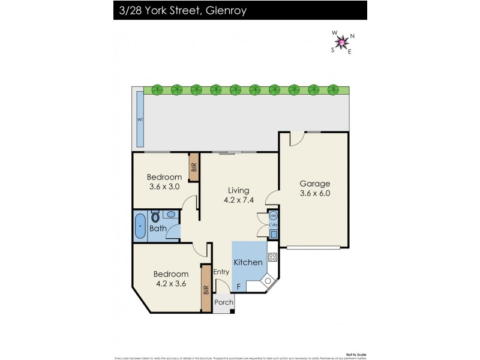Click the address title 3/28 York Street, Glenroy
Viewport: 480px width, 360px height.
coord(179,10)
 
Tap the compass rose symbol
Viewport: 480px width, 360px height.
coord(342,42)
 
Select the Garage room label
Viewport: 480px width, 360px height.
coord(314,184)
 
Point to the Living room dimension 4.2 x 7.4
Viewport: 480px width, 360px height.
coord(239,200)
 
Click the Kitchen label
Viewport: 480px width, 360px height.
coord(248,262)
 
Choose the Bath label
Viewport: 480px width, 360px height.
coord(158,228)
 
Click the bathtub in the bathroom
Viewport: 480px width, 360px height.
coord(140,226)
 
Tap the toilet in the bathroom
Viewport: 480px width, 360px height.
coord(155,217)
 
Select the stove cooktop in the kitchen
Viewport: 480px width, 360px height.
coord(272,259)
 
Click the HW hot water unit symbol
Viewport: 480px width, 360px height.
coord(273,215)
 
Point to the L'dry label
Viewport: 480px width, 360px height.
coord(273,225)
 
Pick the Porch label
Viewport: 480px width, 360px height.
coord(223,302)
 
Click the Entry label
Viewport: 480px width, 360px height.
coord(221,272)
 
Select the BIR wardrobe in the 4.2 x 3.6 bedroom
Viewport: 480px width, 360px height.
coord(206,289)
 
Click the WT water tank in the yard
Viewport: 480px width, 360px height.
coord(140,119)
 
